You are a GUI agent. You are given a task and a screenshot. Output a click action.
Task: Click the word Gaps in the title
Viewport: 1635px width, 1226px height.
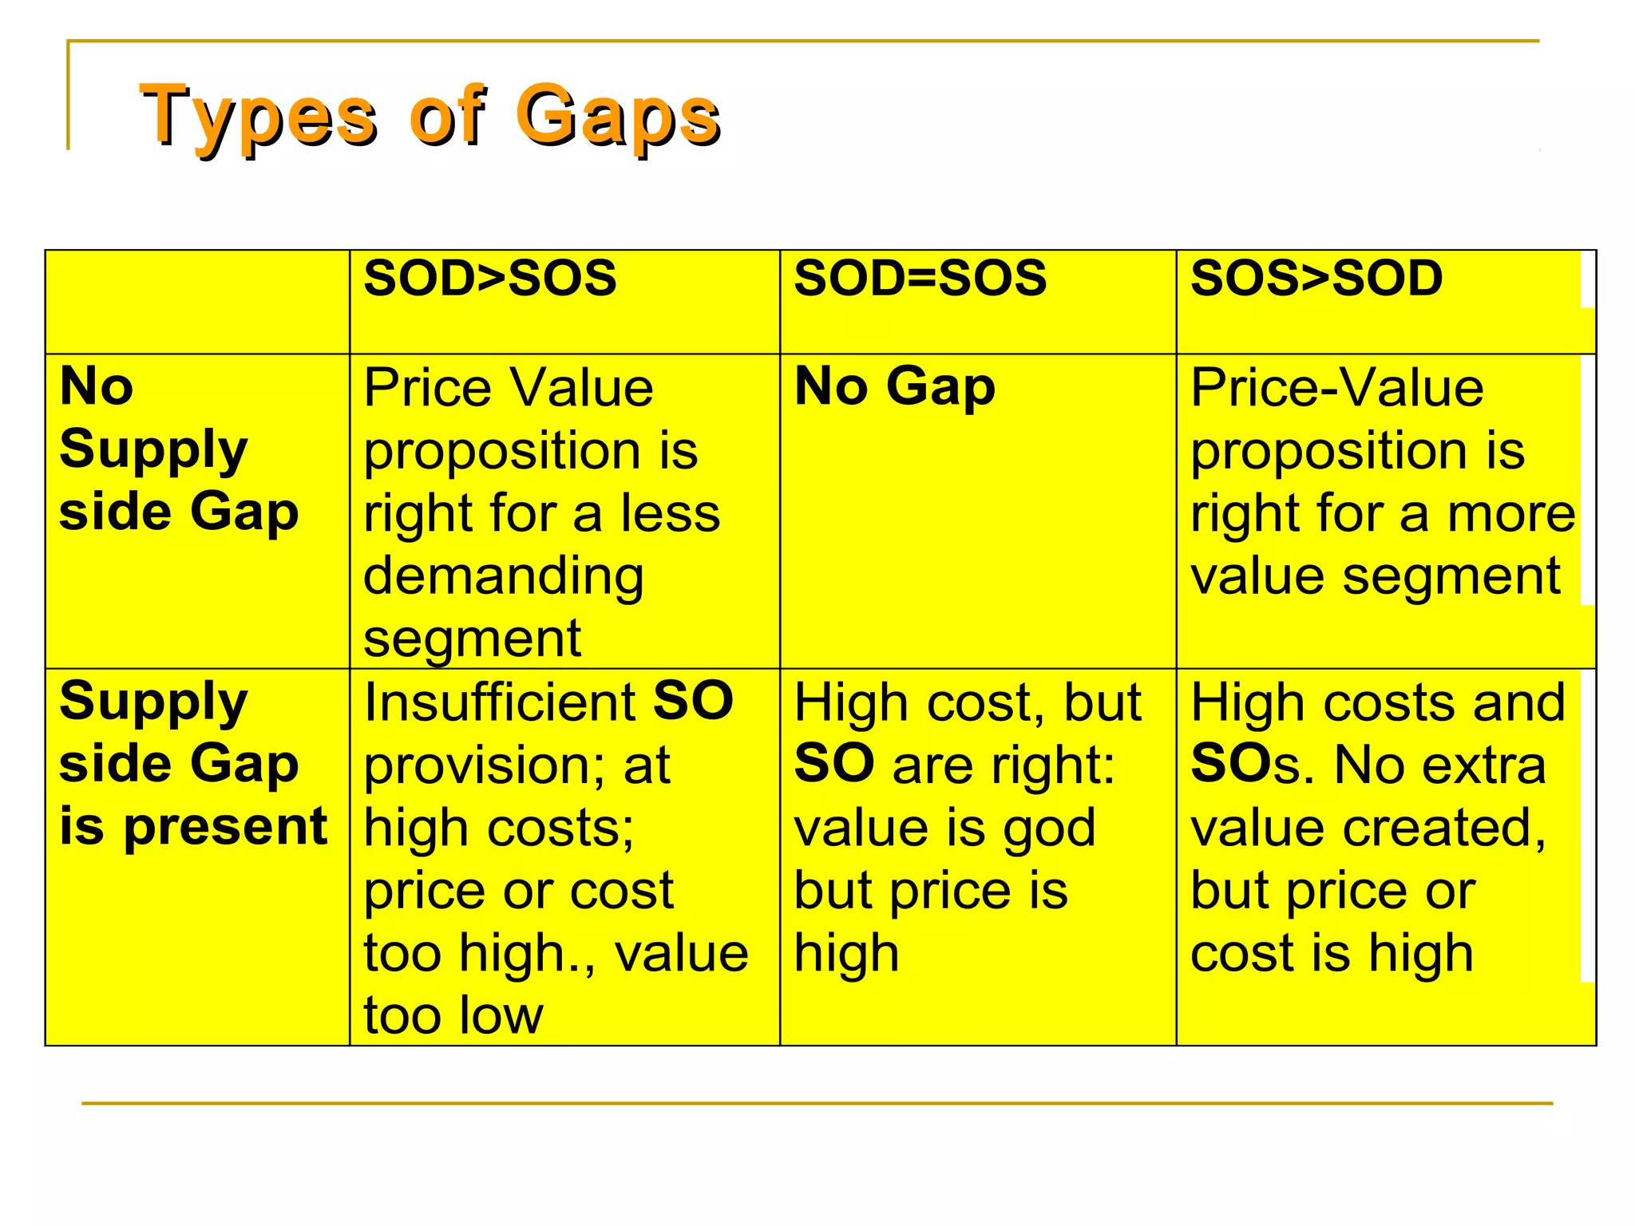619,117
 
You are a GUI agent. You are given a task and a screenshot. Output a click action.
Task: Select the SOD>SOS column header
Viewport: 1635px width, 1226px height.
489,279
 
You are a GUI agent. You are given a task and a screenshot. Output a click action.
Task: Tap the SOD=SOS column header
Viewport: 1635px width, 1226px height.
920,279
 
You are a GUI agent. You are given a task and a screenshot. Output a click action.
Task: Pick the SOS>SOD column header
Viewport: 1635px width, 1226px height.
1316,279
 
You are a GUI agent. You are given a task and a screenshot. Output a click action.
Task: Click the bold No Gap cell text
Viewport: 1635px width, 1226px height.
895,386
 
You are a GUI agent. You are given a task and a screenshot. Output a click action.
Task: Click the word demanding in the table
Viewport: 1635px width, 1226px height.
503,576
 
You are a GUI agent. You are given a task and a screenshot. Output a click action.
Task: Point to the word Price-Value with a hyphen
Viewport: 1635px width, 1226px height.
1337,388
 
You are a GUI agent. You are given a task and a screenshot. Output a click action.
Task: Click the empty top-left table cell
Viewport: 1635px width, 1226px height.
197,302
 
